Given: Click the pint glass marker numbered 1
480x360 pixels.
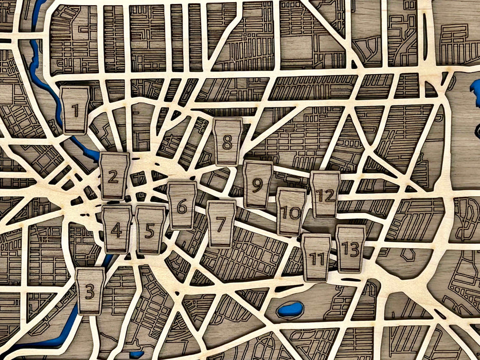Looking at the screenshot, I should click(75, 110).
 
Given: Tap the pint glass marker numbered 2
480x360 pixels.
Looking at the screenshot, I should click(114, 176).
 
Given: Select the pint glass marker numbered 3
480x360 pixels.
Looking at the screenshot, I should click(91, 291).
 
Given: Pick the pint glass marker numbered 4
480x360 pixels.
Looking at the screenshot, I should click(117, 229).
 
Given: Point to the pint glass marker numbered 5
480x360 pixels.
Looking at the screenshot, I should click(150, 230).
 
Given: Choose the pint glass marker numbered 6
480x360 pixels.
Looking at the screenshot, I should click(182, 206).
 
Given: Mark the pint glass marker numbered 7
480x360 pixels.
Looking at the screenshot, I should click(221, 224).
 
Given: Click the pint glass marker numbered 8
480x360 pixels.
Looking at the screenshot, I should click(227, 142).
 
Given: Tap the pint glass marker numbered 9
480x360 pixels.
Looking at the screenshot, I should click(258, 184).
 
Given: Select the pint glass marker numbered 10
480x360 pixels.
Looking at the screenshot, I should click(291, 211).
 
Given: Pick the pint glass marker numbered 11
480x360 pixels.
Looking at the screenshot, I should click(316, 258).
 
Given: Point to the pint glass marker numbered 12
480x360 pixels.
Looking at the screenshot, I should click(325, 194).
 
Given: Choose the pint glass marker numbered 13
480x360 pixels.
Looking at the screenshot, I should click(350, 249).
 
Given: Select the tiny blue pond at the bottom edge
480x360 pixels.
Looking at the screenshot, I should click(136, 354).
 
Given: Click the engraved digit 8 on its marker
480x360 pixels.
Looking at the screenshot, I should click(227, 142).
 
